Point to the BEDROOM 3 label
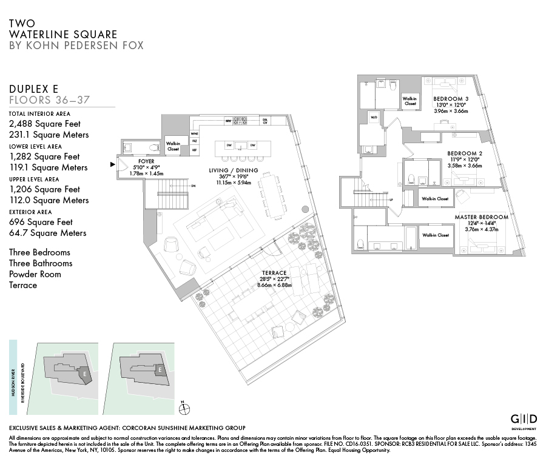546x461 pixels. click(x=451, y=99)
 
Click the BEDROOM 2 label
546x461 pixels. click(x=465, y=153)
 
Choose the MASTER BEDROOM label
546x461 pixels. click(x=481, y=217)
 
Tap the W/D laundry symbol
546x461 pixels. click(x=374, y=117)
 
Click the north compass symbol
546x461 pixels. click(x=186, y=409)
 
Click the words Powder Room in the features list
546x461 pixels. click(x=35, y=274)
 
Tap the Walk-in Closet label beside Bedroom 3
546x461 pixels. click(x=409, y=101)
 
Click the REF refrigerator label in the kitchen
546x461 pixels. click(x=194, y=149)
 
